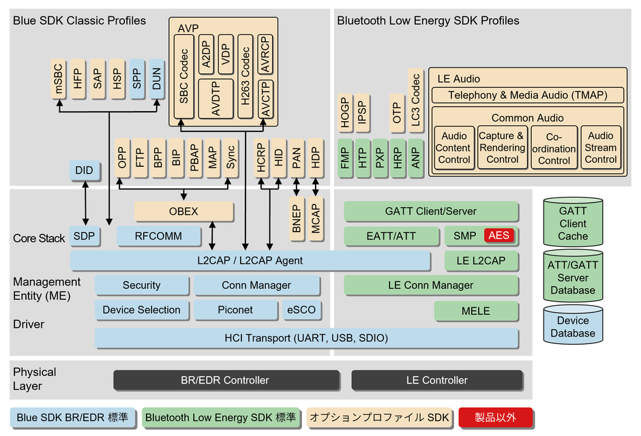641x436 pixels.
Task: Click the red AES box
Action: pos(498,236)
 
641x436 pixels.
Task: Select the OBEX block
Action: pos(183,211)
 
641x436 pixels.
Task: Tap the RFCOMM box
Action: pos(158,236)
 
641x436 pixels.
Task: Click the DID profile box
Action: pos(85,170)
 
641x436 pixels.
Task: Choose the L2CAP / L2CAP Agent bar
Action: pos(250,260)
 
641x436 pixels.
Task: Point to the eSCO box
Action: pos(301,309)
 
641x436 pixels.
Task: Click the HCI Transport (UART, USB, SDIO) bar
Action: pos(306,338)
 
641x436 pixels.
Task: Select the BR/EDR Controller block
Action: pos(226,380)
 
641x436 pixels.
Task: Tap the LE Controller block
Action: pos(437,380)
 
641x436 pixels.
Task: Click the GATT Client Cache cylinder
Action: pos(572,223)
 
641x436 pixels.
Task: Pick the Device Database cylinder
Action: pos(572,327)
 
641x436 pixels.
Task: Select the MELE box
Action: pos(475,311)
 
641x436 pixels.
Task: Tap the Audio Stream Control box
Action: pos(601,147)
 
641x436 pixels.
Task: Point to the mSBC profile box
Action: pos(59,80)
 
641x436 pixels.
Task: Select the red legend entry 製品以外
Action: pos(496,417)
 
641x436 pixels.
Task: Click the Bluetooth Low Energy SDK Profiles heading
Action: pos(428,20)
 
